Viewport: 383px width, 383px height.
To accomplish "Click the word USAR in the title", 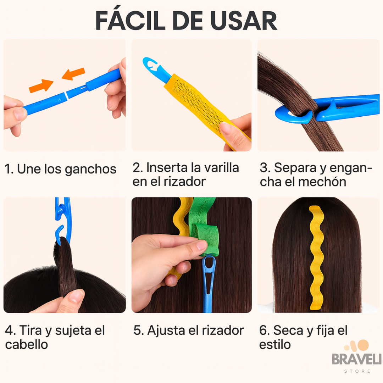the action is (x=244, y=21).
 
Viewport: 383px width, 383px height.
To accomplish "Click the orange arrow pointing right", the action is (x=41, y=86).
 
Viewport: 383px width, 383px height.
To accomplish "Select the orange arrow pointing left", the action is (x=73, y=74).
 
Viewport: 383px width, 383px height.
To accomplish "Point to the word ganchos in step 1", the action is (x=90, y=169).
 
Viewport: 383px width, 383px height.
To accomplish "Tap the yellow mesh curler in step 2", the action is (x=203, y=107).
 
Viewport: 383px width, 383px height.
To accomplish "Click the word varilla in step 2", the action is (x=221, y=168).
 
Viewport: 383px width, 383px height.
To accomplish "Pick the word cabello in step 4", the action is (x=26, y=345).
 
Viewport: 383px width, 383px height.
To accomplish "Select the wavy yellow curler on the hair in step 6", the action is (x=317, y=258).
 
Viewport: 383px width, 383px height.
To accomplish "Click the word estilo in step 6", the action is (x=275, y=345).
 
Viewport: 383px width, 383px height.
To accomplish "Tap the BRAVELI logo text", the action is (x=356, y=359).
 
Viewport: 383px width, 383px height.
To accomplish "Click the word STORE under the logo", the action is (x=357, y=371).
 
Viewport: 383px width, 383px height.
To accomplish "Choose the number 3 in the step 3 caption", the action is (x=264, y=168).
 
